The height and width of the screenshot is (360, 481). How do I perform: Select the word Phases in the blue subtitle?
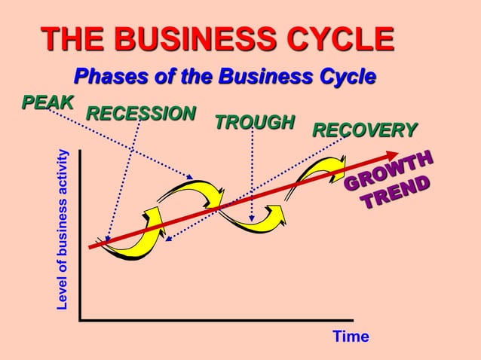102,77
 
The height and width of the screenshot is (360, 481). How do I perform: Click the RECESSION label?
141,114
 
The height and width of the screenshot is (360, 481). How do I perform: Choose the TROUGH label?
254,122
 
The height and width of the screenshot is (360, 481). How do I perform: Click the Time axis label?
351,337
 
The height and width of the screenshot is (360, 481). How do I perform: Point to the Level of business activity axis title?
66,230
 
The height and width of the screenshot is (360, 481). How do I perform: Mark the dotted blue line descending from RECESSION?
124,181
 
